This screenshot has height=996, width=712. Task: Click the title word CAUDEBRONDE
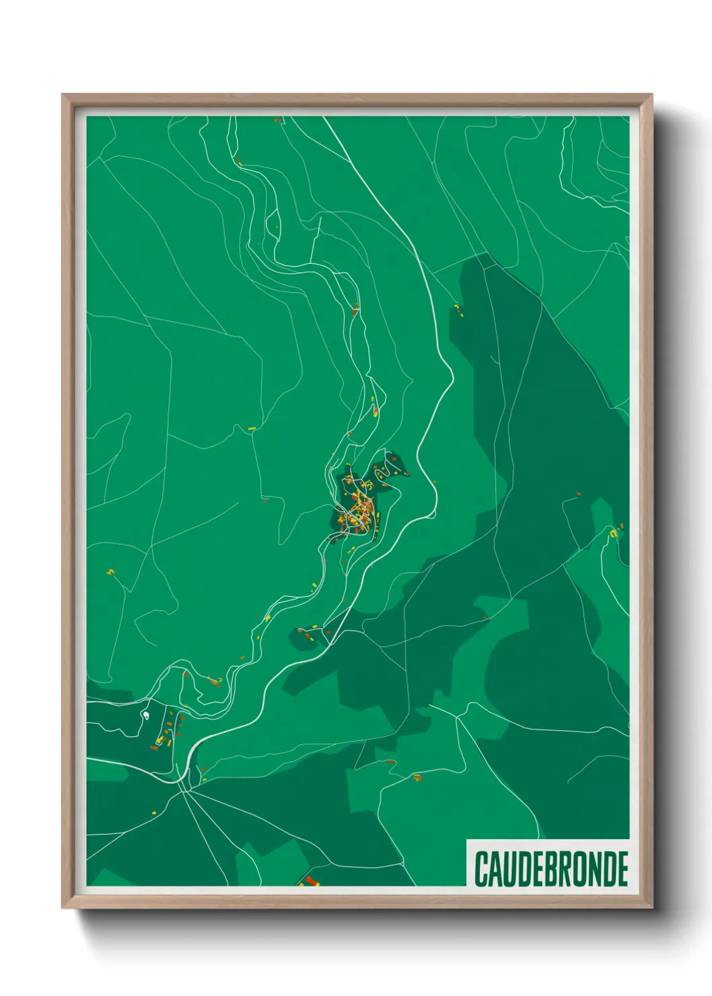pos(551,869)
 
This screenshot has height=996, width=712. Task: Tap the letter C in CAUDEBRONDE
pos(482,869)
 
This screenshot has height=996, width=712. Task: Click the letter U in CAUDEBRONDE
pos(511,869)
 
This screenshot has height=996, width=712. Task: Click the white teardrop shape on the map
pos(145,713)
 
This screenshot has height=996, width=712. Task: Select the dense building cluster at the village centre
pos(357,508)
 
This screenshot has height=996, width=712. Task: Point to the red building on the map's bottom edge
pos(310,880)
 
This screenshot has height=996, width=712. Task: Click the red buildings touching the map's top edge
pos(277,120)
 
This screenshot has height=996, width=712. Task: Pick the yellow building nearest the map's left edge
pos(111,572)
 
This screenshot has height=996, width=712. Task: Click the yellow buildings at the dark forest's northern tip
pos(458,309)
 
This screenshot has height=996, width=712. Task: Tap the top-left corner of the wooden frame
pos(63,96)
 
